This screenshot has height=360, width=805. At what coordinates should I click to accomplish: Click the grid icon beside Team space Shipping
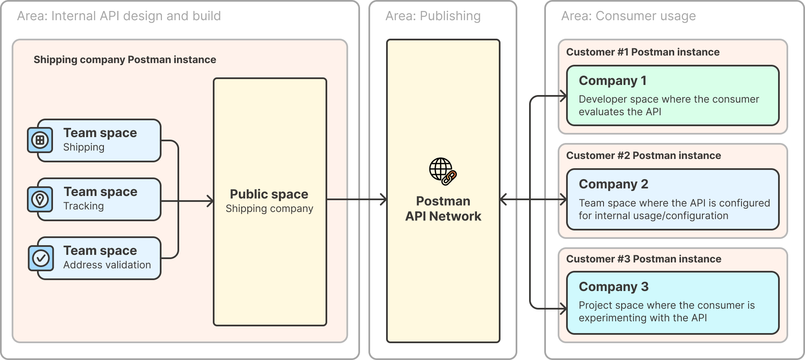click(x=40, y=140)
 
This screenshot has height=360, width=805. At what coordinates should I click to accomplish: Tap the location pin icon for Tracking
click(x=40, y=199)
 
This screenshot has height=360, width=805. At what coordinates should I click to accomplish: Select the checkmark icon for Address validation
click(x=41, y=258)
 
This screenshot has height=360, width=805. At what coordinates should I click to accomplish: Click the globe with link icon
click(x=442, y=171)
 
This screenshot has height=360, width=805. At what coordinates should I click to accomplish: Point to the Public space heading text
click(x=269, y=194)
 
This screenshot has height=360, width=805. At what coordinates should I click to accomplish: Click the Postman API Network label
click(x=443, y=209)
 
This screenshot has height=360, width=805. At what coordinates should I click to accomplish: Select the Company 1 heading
click(x=612, y=80)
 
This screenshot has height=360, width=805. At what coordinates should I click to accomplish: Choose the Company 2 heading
click(x=613, y=184)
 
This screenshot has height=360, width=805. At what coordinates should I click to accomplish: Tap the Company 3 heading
click(x=613, y=286)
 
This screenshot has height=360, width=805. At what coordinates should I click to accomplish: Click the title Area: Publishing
click(x=433, y=16)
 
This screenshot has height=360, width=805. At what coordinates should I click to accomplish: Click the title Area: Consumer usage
click(x=628, y=16)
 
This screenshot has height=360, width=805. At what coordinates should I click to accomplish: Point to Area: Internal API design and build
click(x=119, y=16)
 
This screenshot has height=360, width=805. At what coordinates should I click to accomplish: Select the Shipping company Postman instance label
click(x=124, y=60)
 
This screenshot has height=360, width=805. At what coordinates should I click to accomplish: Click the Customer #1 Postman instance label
click(x=643, y=52)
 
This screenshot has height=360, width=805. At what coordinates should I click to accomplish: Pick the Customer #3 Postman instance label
click(x=643, y=259)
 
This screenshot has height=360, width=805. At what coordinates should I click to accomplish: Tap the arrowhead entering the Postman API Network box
click(x=383, y=199)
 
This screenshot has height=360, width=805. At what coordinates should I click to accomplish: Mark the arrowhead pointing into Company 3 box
click(x=564, y=309)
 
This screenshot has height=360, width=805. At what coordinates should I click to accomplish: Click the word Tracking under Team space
click(x=83, y=206)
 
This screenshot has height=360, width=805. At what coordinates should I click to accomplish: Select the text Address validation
click(x=107, y=265)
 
